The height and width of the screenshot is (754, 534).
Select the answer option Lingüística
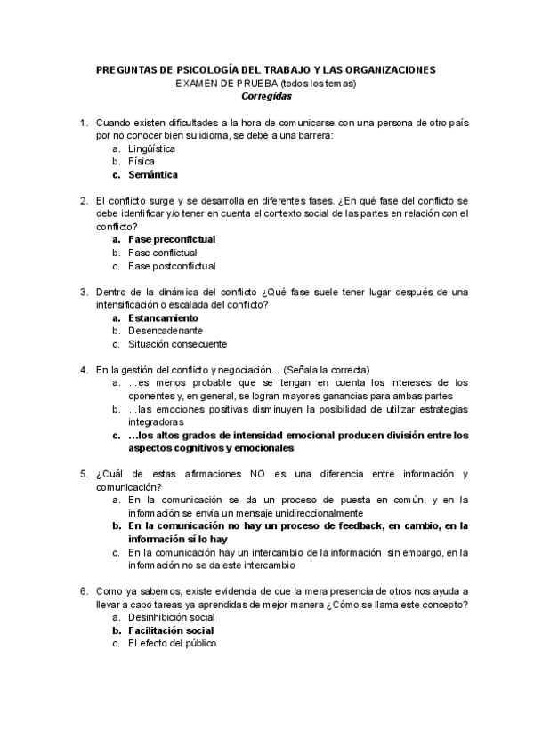coord(151,149)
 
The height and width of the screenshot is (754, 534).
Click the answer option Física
coord(142,162)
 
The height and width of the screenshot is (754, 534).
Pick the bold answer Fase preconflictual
coord(172,239)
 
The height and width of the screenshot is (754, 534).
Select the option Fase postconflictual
coord(171,265)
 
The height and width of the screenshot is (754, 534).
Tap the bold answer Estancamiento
coord(163,317)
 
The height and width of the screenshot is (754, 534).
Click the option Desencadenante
coord(159,330)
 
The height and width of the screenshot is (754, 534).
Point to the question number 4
coord(83,369)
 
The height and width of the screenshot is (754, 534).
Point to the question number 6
coord(83,590)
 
